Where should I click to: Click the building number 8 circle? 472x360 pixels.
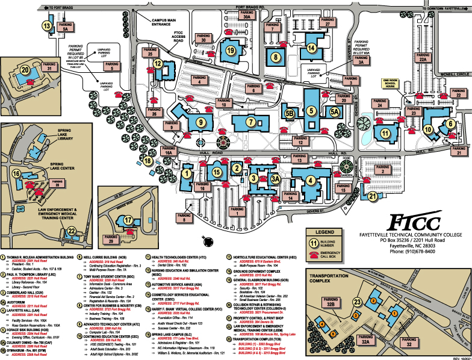(276, 57)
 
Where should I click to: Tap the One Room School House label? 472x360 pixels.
(395, 83)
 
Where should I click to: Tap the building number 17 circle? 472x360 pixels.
(128, 220)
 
